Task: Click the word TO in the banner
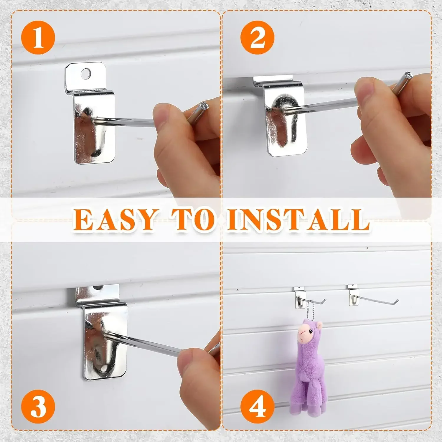point(193,220)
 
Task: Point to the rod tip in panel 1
point(203,105)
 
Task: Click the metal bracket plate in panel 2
point(286,124)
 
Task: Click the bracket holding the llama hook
point(299,298)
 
